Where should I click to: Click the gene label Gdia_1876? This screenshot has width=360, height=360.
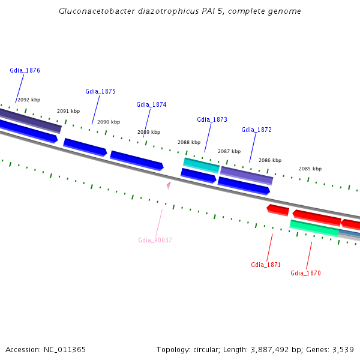pos(25,70)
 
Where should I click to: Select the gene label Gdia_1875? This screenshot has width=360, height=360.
pos(100,91)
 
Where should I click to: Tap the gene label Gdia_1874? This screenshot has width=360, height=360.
pos(151,104)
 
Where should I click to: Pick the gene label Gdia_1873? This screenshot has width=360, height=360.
pos(212,119)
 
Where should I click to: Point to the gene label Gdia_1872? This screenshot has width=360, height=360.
pos(256,130)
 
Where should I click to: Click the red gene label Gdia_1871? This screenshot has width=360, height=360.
pos(266,265)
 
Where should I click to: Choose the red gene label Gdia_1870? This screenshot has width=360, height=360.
pos(305,273)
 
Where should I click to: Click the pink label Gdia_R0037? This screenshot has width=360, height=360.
pos(155,240)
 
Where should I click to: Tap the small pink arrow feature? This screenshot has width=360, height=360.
pos(169,185)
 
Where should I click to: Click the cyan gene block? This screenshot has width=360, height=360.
pos(201,164)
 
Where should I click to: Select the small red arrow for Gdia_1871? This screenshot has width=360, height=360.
pos(278,210)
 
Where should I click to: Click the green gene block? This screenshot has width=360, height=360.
pos(314,228)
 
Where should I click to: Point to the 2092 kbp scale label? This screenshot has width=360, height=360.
pos(29,100)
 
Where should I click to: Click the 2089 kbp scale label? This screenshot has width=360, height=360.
pos(149,132)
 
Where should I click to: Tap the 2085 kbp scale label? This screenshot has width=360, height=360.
pos(310,169)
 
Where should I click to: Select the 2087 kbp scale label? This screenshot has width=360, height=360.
pos(229,151)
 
